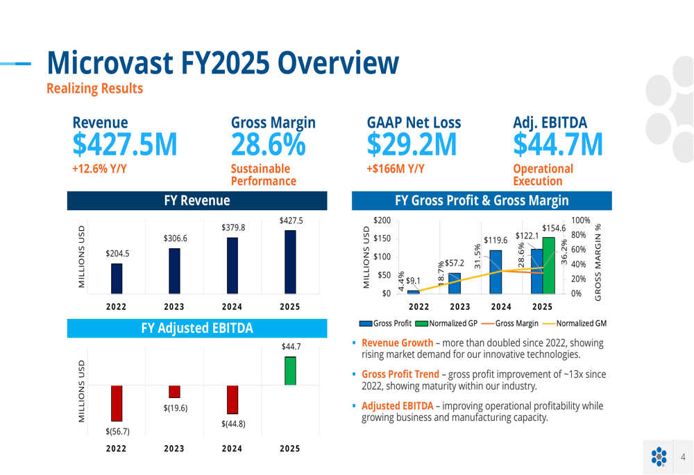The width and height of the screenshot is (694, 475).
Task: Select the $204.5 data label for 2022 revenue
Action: click(117, 254)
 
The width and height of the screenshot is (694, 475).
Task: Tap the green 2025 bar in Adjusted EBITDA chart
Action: click(290, 371)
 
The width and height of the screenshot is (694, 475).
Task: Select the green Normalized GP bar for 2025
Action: click(548, 266)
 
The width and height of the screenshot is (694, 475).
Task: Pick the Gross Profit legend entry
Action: click(385, 323)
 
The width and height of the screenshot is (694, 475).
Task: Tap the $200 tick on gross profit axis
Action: click(382, 221)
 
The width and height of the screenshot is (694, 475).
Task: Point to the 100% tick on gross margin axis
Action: click(580, 221)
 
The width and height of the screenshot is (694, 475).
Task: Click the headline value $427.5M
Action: click(125, 144)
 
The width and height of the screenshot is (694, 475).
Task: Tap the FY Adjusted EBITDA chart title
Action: click(197, 327)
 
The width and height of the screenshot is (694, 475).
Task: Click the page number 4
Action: click(683, 456)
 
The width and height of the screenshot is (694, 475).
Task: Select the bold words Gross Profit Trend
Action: click(400, 374)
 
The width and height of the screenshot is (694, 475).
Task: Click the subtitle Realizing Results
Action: click(94, 88)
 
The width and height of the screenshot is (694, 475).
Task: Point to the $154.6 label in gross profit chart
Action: click(554, 227)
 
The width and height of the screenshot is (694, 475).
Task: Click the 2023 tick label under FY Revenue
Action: click(174, 307)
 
